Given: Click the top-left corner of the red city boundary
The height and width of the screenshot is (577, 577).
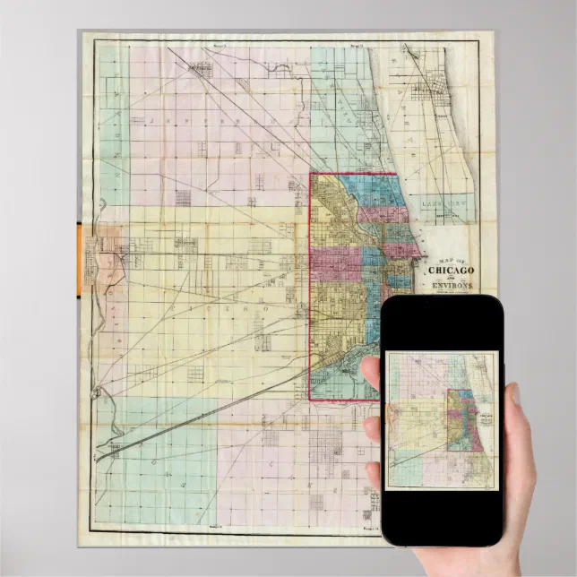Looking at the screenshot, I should (x=311, y=174).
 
